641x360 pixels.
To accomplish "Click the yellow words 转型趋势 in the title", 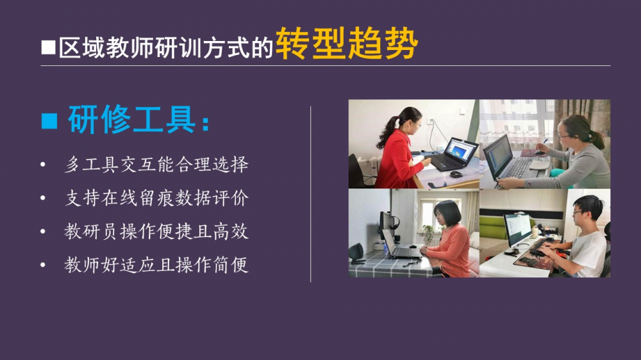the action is point(347,44).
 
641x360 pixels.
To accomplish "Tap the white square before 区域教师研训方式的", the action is point(48,47).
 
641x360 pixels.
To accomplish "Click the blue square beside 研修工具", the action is point(49,121).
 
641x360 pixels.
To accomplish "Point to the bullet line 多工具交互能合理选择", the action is point(156,165).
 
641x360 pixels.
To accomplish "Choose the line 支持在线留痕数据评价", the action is point(156,198).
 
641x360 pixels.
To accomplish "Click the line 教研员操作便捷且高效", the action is point(156,232).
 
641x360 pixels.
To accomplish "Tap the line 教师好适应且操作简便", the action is point(156,265).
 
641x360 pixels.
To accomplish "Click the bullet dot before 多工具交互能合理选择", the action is point(43,165).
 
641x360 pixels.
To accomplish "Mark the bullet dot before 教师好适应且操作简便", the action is point(43,265).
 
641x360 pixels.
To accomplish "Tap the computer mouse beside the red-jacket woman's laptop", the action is point(456,174).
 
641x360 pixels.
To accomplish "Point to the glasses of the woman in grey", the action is point(563,135).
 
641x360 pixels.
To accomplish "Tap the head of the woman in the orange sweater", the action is point(448,213).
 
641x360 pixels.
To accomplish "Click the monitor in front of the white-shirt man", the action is point(518,230).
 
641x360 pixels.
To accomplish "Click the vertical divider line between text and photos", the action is point(311,194).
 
